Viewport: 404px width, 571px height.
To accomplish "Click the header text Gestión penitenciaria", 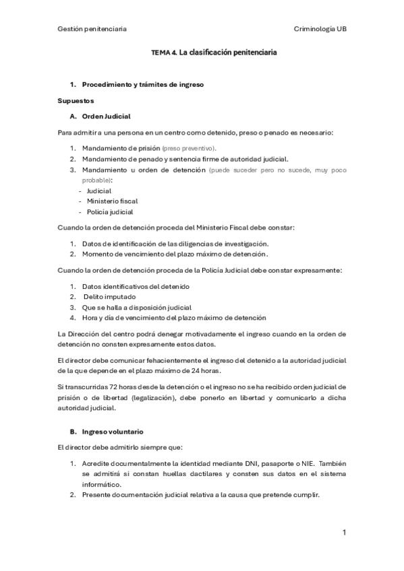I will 92,29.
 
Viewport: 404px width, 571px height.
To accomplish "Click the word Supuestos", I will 76,100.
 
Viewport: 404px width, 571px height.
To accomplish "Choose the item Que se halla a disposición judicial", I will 137,307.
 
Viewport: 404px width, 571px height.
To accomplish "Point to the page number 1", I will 344,533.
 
